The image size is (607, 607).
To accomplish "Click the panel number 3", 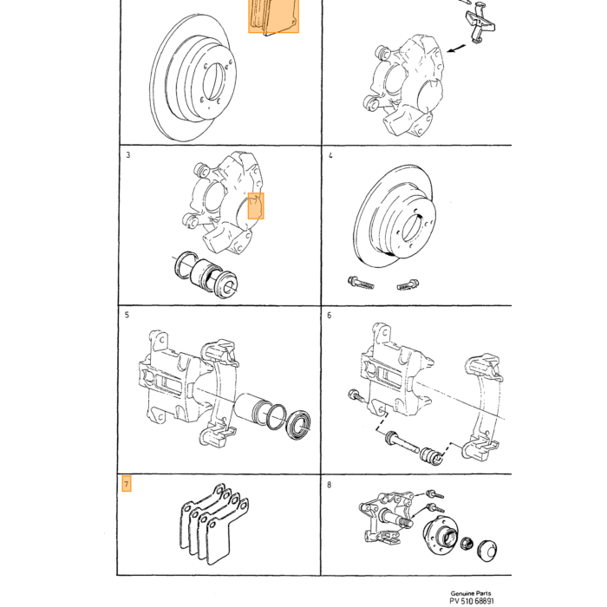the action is point(128,155).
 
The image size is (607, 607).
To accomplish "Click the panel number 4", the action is point(330,155).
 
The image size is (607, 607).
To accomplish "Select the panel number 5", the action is point(127,315).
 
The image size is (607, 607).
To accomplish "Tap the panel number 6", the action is point(329,316).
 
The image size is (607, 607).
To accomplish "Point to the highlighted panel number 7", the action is point(127,484).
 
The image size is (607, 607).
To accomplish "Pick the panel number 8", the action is point(329,485).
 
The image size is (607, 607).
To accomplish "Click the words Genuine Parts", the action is point(470,593).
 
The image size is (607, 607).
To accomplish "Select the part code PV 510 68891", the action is point(472,601).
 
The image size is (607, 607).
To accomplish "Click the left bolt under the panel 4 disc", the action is point(361,283).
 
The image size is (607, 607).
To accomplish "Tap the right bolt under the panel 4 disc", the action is point(408,285).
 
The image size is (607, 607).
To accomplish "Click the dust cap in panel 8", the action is point(487,551).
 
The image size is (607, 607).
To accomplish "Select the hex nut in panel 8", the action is point(467,544).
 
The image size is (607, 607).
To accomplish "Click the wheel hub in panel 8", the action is point(441,534).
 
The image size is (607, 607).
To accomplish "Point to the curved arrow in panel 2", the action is point(456,48).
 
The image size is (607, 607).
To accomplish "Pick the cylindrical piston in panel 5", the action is point(251,410).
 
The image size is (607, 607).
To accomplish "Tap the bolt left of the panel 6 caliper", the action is point(356,395).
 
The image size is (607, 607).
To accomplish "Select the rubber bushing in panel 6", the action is point(431,456).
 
